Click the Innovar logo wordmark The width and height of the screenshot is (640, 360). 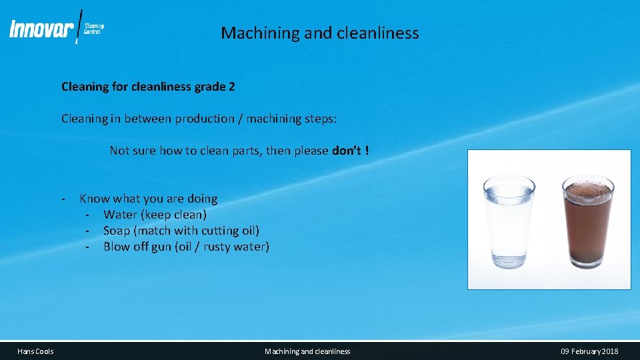click(x=41, y=29)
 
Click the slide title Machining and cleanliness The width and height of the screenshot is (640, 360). click(x=320, y=33)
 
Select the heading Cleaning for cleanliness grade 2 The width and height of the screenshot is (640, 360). click(x=148, y=87)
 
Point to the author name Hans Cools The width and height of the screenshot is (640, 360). click(x=35, y=351)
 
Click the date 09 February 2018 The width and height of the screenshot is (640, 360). click(x=589, y=351)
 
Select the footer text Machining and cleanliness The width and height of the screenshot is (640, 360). click(x=307, y=351)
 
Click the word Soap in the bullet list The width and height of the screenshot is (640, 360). click(x=117, y=231)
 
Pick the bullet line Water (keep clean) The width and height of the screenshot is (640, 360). click(x=155, y=215)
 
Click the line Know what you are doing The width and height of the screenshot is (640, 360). click(x=148, y=199)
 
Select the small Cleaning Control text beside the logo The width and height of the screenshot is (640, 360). click(x=94, y=29)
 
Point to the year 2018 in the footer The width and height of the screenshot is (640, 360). click(x=608, y=351)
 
